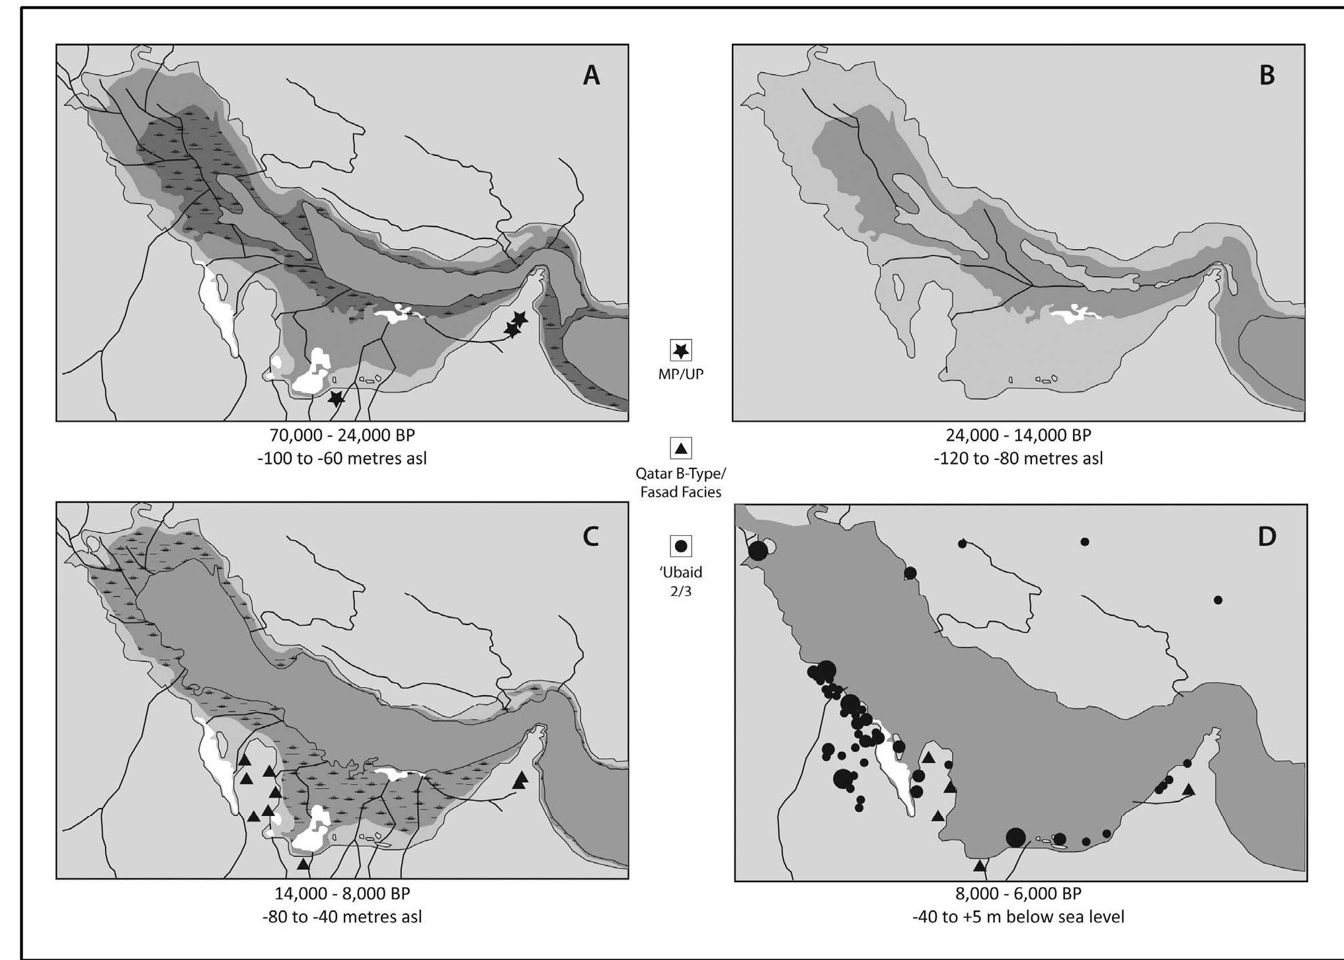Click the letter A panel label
click(x=591, y=75)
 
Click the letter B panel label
click(x=1267, y=75)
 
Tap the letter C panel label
click(x=590, y=536)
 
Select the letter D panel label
click(x=1267, y=536)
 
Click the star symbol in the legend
click(x=681, y=350)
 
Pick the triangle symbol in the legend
click(x=681, y=449)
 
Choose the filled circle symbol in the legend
click(x=681, y=546)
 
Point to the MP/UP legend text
click(x=681, y=374)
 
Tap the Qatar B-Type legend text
click(x=681, y=474)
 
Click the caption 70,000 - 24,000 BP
click(x=342, y=435)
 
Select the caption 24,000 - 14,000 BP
click(x=1018, y=435)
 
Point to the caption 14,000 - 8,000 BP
click(x=342, y=894)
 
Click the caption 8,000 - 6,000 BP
click(x=1018, y=894)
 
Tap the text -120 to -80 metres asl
click(x=1018, y=459)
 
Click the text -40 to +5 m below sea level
click(x=1018, y=917)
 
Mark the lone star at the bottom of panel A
click(x=336, y=398)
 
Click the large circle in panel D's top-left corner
click(x=758, y=550)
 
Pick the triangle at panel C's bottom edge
click(x=303, y=864)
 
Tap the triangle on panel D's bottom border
click(x=980, y=866)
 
